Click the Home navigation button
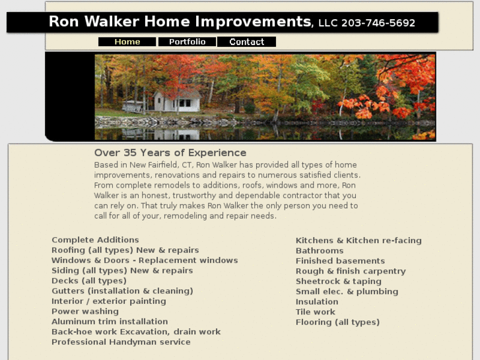[x=127, y=42]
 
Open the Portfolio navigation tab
[x=187, y=42]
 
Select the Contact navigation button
[x=246, y=42]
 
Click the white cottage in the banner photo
[x=176, y=101]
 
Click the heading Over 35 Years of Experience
[x=170, y=153]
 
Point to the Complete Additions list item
[x=95, y=240]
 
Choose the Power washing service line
[x=85, y=311]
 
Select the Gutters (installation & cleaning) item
[x=122, y=291]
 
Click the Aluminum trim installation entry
[x=110, y=322]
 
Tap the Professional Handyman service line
[x=121, y=342]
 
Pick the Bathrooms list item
[x=320, y=251]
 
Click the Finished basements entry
[x=340, y=261]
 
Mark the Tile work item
[x=316, y=312]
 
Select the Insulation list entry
[x=317, y=302]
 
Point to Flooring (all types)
[x=337, y=322]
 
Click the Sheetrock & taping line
[x=338, y=281]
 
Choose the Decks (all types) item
[x=88, y=281]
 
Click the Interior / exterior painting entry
[x=109, y=301]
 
